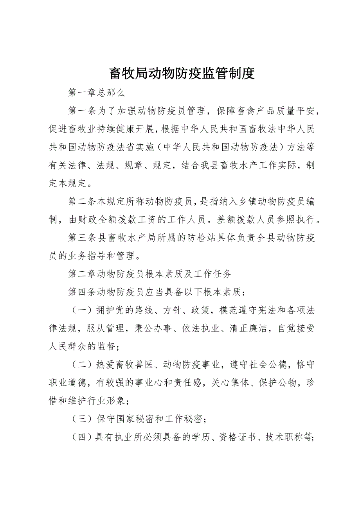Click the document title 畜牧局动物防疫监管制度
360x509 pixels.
click(181, 73)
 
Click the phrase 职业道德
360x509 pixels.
click(68, 382)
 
